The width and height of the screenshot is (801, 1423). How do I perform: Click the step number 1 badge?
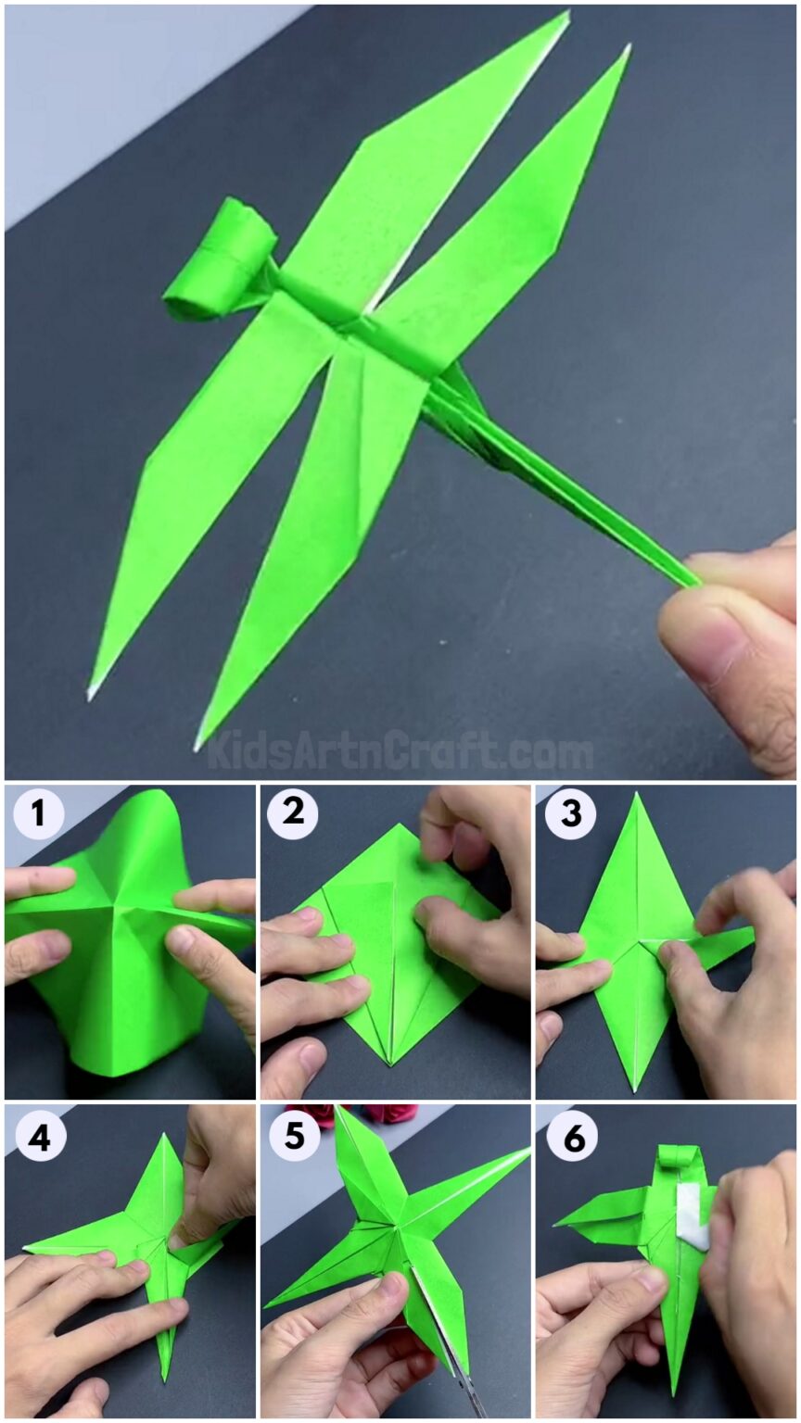click(38, 814)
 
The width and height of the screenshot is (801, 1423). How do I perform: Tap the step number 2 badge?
click(293, 814)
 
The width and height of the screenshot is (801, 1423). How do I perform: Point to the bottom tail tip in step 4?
click(166, 1379)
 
